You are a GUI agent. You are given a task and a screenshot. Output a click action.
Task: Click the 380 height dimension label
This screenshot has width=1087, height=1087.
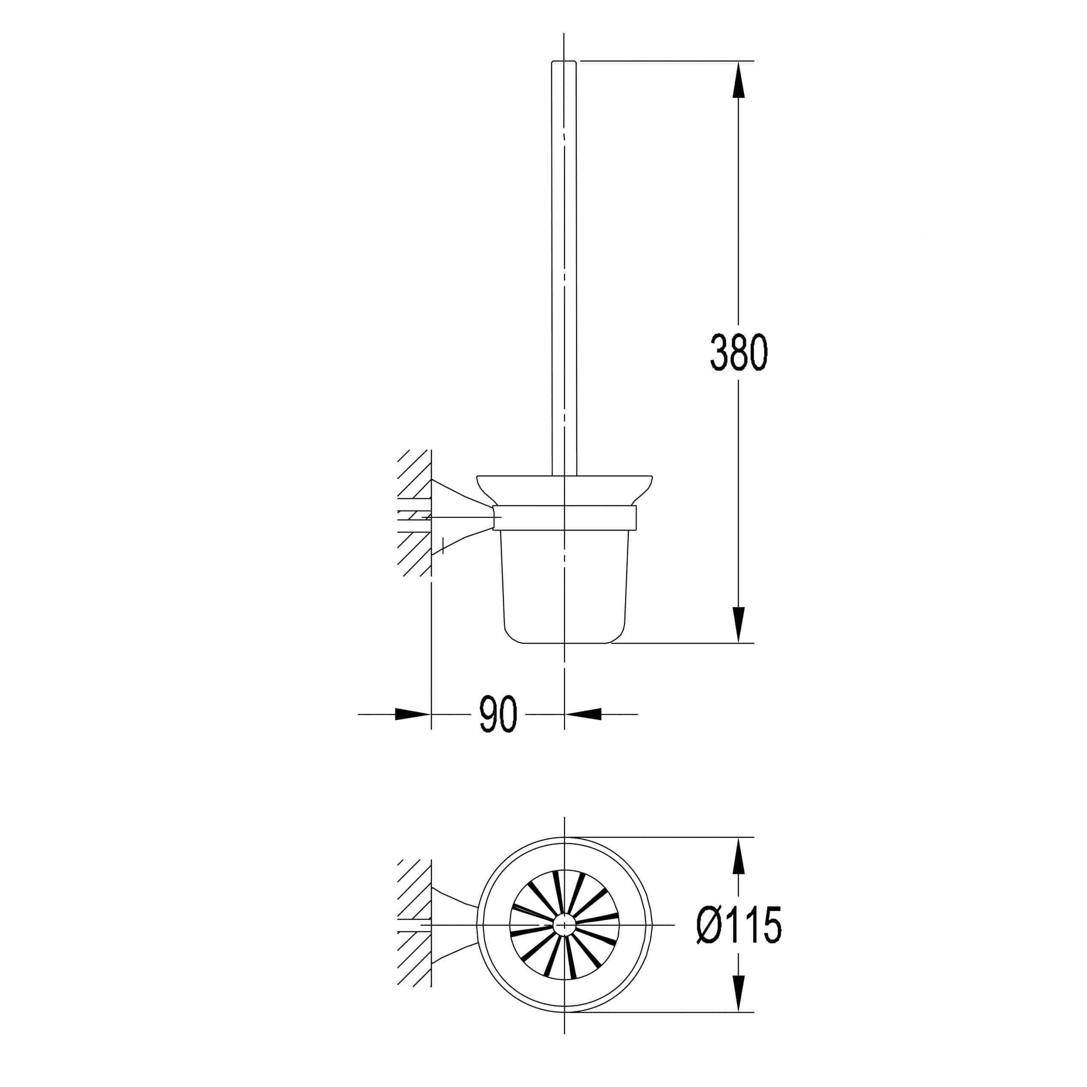coord(738,352)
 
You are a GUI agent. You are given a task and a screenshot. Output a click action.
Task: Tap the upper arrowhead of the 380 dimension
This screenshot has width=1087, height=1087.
coord(738,79)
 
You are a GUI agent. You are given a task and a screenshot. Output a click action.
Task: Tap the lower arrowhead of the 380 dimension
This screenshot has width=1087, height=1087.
coord(738,625)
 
